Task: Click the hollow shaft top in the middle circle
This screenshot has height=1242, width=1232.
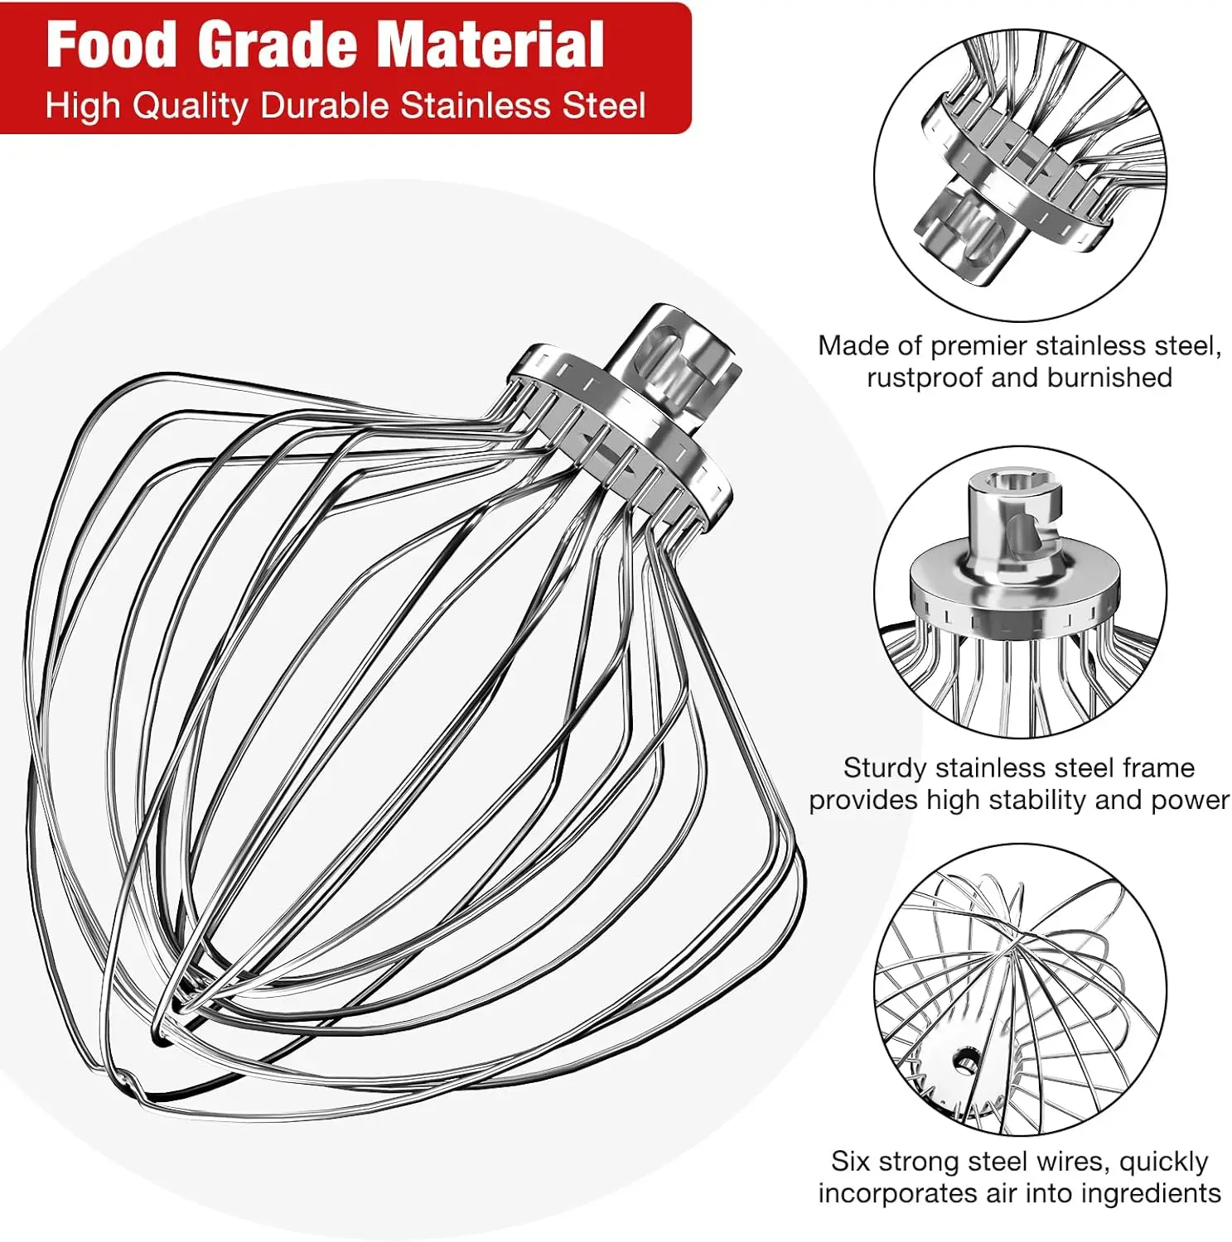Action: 1014,481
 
